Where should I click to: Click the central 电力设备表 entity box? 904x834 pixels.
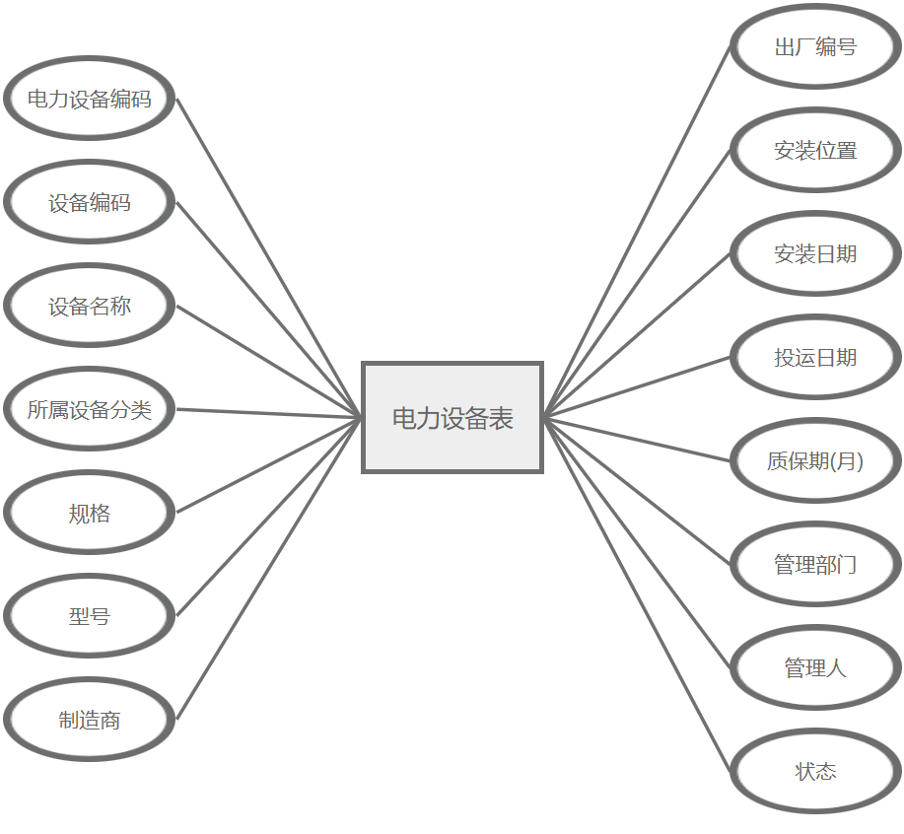point(452,417)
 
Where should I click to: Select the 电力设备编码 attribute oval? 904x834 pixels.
point(90,99)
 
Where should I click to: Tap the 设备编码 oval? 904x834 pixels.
point(90,202)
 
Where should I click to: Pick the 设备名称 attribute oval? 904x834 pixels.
point(90,306)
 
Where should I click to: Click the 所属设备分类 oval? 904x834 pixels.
point(90,409)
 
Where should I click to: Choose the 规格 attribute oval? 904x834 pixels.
point(90,513)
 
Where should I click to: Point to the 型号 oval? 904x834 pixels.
point(90,616)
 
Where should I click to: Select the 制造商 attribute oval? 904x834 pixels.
point(90,720)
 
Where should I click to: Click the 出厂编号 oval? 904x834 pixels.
point(815,46)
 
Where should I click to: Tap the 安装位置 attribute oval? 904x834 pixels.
point(815,150)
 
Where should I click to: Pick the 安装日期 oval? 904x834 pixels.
point(815,253)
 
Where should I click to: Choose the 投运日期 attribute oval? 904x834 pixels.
point(815,357)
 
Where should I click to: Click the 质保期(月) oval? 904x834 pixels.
point(815,460)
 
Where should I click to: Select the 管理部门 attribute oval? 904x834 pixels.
point(815,564)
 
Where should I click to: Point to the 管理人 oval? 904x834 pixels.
point(815,667)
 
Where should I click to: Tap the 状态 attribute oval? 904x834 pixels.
point(815,771)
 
